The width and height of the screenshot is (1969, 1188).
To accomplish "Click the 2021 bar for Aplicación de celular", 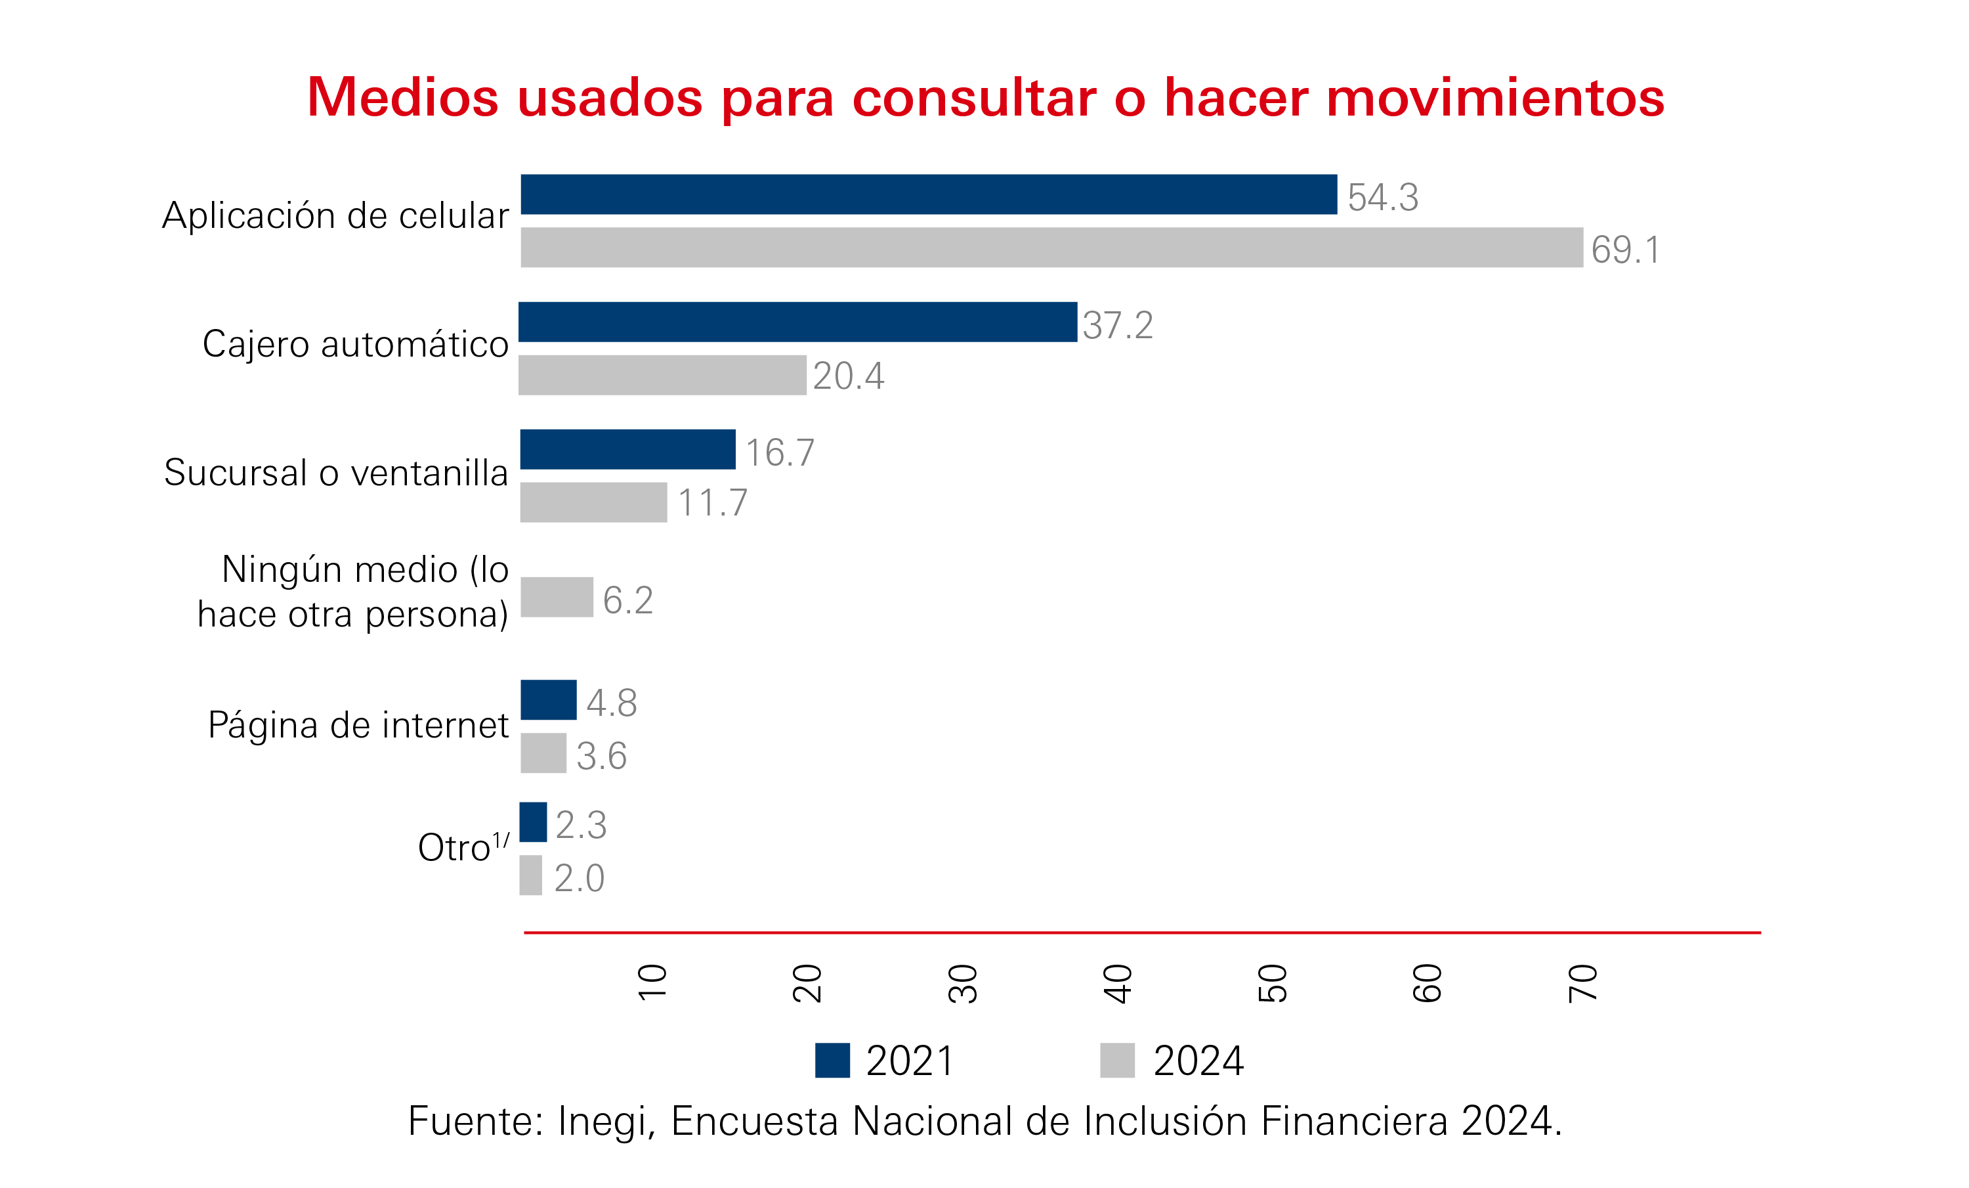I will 929,194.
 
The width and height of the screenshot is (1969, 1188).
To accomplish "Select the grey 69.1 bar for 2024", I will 1051,247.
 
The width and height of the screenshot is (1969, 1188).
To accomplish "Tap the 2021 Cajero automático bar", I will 797,322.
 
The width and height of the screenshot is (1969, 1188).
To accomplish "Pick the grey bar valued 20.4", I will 662,375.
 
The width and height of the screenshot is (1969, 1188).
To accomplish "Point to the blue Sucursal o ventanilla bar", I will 627,449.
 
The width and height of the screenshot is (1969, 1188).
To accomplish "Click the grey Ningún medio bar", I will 557,597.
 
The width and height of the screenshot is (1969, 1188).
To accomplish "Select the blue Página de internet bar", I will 548,699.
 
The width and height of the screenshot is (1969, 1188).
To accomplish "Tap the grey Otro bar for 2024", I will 530,875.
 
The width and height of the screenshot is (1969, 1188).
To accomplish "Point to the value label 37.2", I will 1118,325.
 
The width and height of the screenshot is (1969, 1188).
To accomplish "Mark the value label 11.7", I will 712,503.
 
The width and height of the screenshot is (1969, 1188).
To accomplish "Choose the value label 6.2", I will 628,600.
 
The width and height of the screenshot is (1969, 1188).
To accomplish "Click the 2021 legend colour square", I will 832,1061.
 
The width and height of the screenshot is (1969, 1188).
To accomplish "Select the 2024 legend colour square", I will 1117,1061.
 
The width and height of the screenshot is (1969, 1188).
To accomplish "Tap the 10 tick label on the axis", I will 652,982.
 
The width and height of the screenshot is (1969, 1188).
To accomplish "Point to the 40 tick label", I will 1118,983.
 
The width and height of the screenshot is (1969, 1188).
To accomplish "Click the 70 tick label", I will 1583,983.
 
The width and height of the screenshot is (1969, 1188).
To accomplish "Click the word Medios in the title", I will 403,98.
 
